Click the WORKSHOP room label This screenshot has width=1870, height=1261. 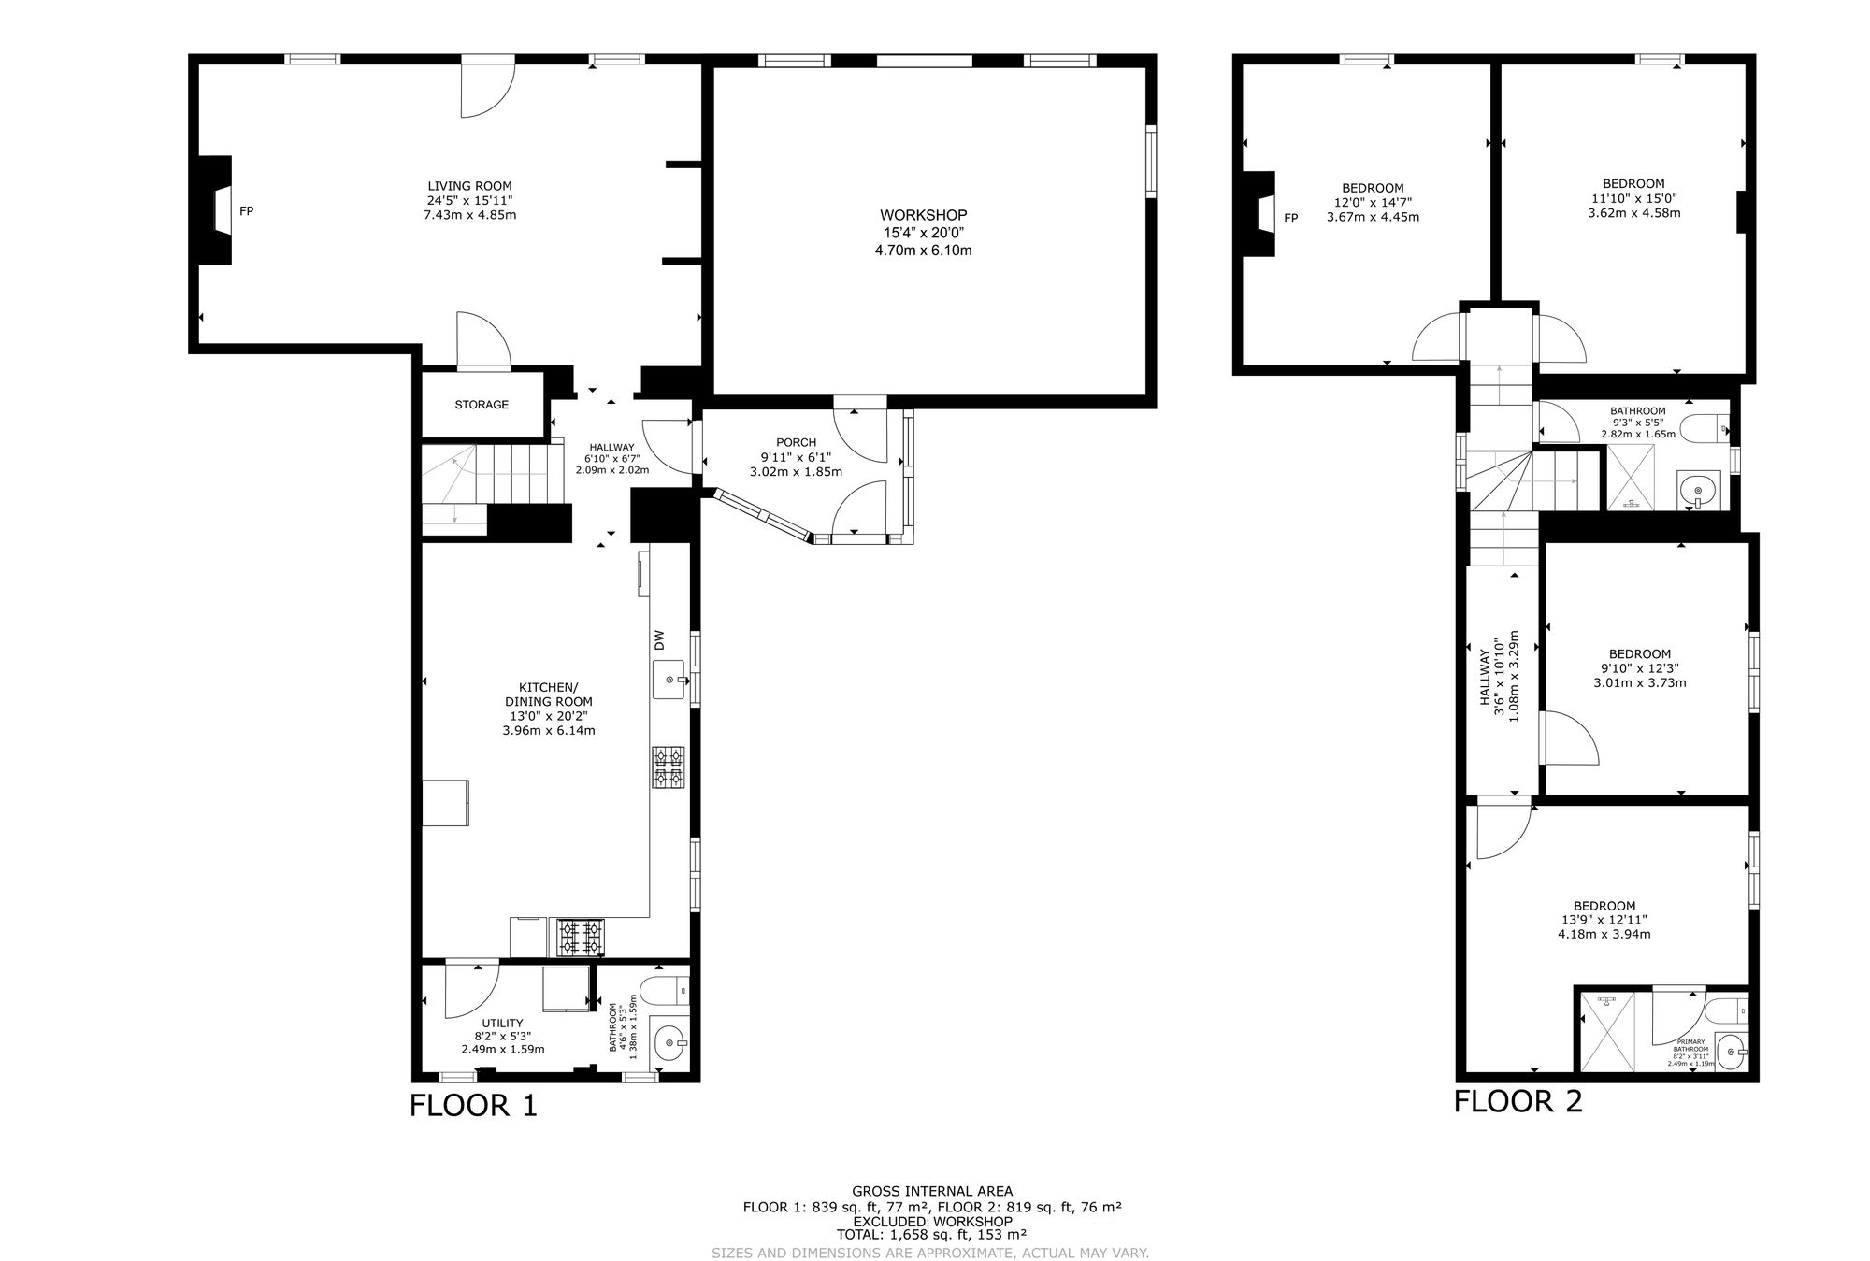(x=923, y=215)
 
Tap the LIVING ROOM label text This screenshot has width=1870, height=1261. (x=469, y=186)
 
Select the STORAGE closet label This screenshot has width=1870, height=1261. (x=482, y=405)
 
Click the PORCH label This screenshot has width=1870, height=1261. (x=796, y=442)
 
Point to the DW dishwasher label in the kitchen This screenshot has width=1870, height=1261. (x=659, y=640)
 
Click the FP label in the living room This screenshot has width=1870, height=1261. (x=246, y=211)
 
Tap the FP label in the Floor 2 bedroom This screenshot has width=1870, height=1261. (x=1291, y=218)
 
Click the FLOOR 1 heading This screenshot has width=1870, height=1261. (x=474, y=1106)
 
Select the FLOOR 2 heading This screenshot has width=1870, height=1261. (x=1518, y=1101)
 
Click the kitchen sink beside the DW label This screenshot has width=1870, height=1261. (x=669, y=680)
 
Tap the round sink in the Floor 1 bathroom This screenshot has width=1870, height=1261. (x=669, y=1040)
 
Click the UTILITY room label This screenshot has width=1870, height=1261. (x=502, y=1023)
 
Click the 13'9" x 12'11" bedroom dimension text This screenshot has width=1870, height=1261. (x=1604, y=920)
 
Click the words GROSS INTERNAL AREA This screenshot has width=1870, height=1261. (x=932, y=1191)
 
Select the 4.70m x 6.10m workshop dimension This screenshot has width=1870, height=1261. (x=923, y=251)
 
